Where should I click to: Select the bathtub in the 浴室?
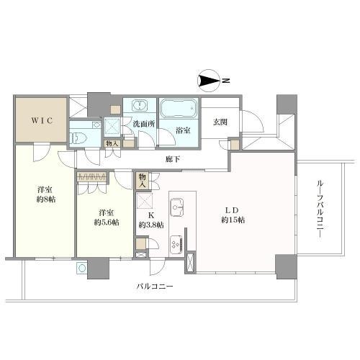pyautogui.click(x=179, y=109)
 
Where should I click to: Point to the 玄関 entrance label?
pyautogui.click(x=220, y=122)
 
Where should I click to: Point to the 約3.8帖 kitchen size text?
pyautogui.click(x=150, y=224)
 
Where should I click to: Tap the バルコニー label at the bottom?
pyautogui.click(x=157, y=287)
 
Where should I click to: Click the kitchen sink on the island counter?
pyautogui.click(x=179, y=208)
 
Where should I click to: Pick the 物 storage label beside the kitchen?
pyautogui.click(x=142, y=179)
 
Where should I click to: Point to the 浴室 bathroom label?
pyautogui.click(x=182, y=131)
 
